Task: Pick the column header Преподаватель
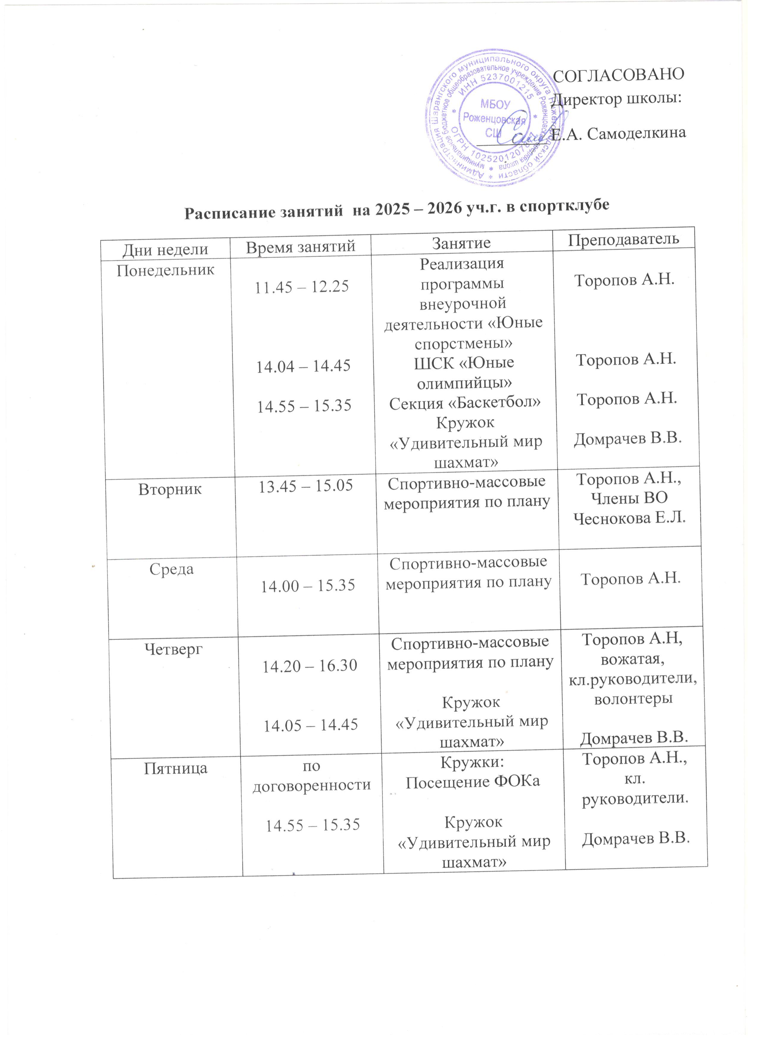[624, 239]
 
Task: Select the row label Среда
[171, 569]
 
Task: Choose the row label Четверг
[174, 649]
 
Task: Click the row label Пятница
[176, 768]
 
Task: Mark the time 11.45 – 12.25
[302, 286]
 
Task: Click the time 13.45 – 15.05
[306, 486]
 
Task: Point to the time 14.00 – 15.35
[308, 585]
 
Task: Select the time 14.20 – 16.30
[309, 665]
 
